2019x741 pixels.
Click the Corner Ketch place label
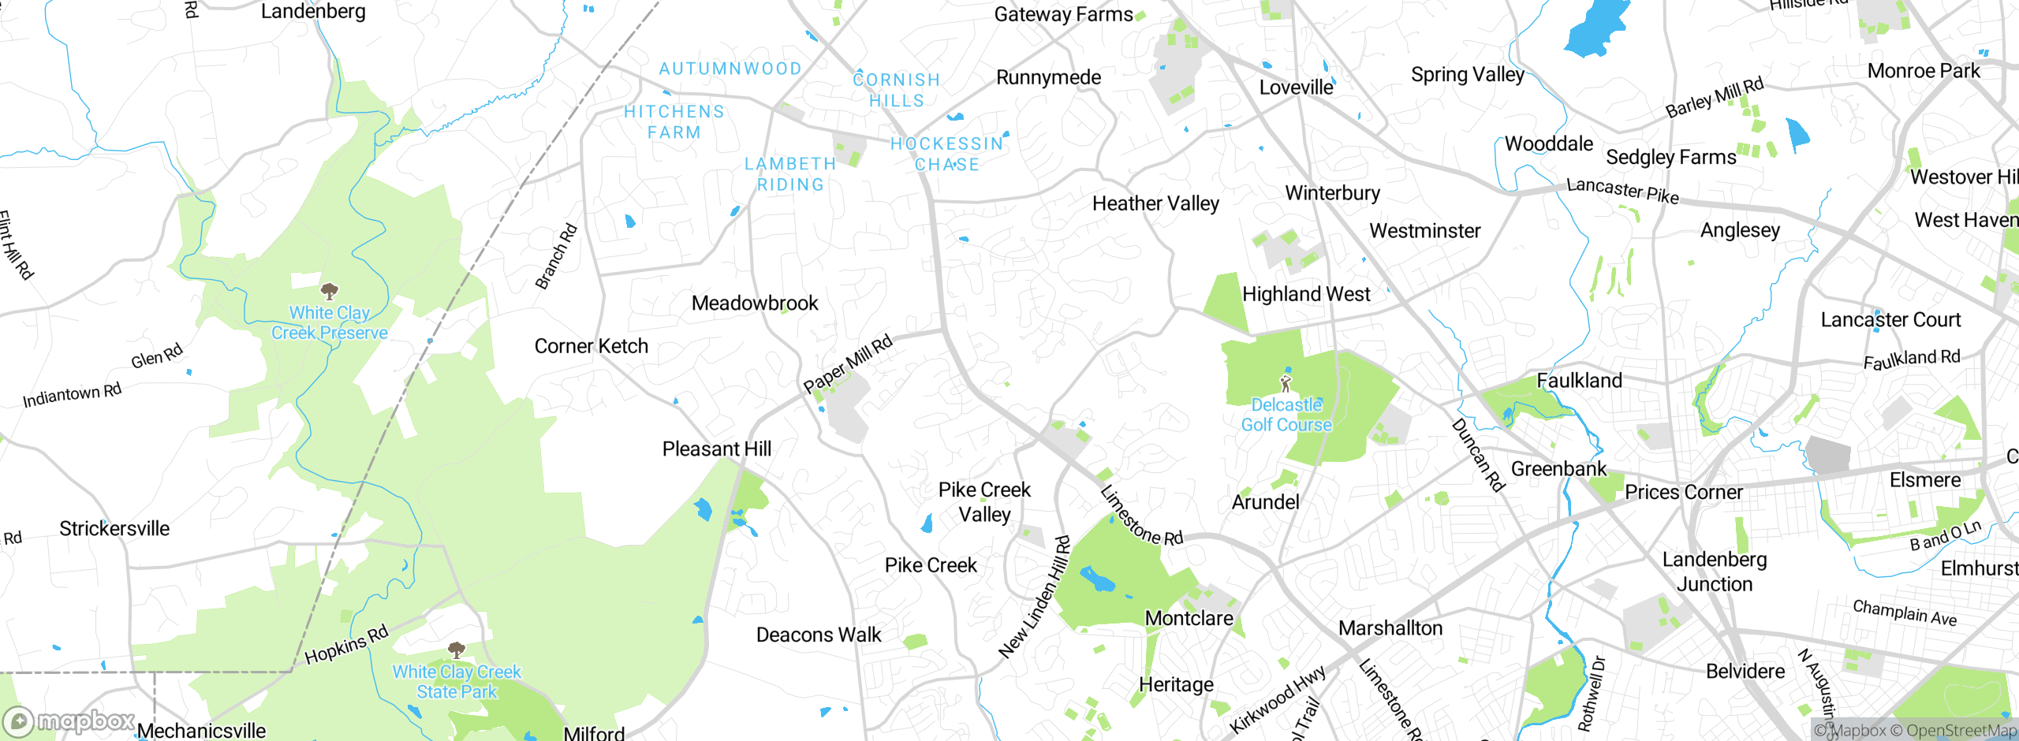coord(591,346)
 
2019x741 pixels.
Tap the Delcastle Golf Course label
coord(1286,415)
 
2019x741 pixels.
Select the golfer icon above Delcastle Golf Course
coord(1286,384)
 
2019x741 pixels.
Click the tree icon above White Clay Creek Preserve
coord(329,291)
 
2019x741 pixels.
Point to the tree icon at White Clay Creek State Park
coord(457,650)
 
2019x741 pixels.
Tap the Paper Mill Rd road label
coord(848,363)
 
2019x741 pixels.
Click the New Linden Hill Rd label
coord(1036,598)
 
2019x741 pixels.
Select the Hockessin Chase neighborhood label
coord(946,154)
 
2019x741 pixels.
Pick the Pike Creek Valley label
coord(984,502)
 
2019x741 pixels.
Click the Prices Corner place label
coord(1683,492)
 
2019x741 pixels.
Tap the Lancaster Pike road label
coord(1622,190)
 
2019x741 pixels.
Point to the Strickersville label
coord(114,528)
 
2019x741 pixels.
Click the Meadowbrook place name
coord(755,303)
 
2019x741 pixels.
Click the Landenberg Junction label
coord(1715,572)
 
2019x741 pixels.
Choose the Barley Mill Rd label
coord(1714,99)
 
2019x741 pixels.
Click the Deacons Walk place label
coord(819,635)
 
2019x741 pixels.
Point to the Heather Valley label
coord(1155,203)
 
